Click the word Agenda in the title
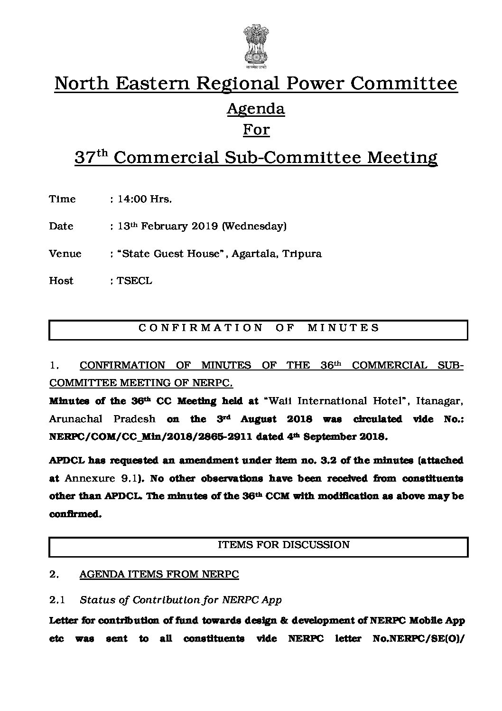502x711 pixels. click(256, 109)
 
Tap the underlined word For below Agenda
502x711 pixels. click(256, 129)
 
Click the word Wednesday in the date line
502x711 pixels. click(254, 226)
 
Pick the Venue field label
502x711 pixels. click(65, 254)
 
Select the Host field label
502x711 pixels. click(61, 281)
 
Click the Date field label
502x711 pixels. click(61, 226)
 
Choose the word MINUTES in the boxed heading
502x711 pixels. click(344, 328)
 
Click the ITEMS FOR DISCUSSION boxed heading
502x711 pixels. click(283, 545)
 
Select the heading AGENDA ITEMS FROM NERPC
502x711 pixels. click(159, 574)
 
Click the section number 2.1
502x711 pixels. click(57, 600)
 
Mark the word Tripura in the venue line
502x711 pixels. click(302, 254)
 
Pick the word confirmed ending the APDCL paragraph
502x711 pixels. click(74, 514)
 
